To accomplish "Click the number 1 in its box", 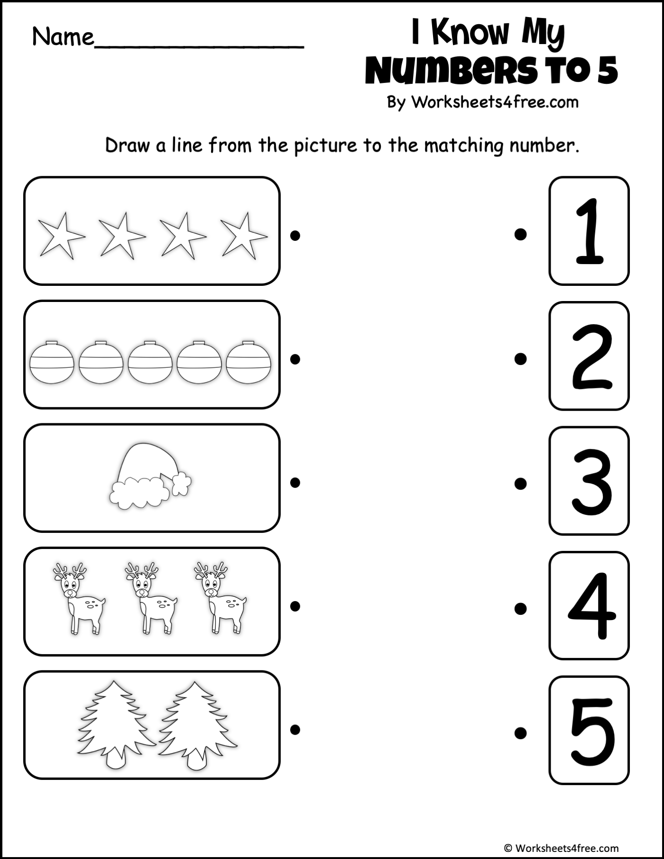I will [x=589, y=231].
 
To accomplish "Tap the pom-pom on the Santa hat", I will [x=181, y=484].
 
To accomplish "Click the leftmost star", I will [x=60, y=235].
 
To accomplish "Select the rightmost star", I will [x=243, y=235].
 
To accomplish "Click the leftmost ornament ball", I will [x=52, y=362].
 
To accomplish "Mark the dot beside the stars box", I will [x=295, y=235].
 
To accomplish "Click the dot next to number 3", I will [x=520, y=483].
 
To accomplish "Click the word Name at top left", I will [x=63, y=37].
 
